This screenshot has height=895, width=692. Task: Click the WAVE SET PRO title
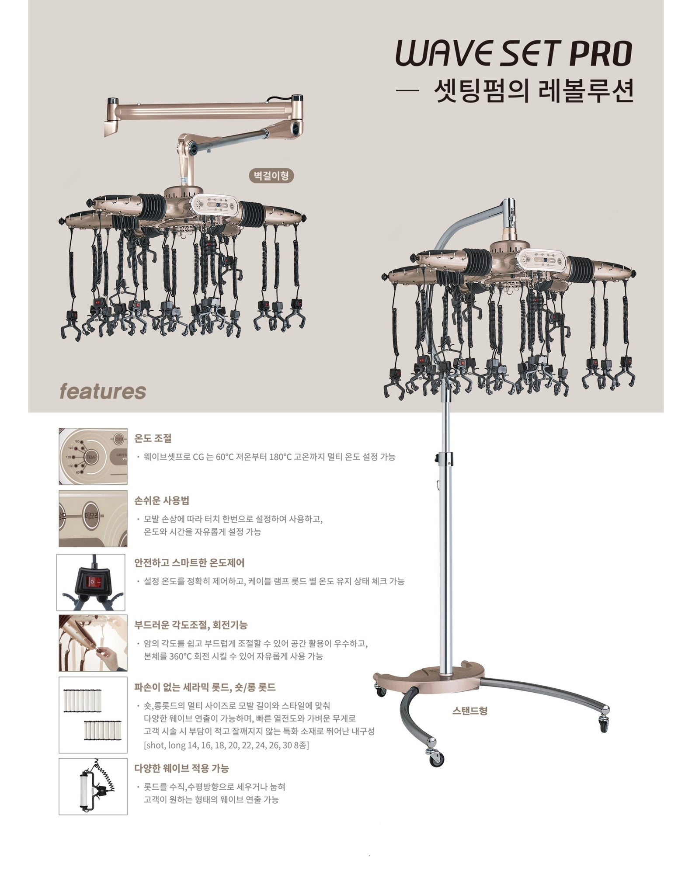514,53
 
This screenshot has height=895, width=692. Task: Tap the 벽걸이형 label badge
271,176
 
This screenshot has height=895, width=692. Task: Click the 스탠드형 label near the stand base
469,711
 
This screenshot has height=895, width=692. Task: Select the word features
103,391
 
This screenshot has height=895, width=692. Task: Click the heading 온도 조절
153,438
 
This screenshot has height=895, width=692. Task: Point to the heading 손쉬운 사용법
162,500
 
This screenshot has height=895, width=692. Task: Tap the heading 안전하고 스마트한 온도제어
189,562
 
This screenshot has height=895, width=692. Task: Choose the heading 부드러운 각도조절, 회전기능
191,625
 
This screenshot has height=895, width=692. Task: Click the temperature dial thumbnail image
93,456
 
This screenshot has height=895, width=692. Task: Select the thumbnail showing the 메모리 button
93,519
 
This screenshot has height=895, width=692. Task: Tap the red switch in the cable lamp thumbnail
93,582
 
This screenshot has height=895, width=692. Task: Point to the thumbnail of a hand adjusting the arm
93,643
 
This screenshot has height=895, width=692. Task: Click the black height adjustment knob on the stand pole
436,458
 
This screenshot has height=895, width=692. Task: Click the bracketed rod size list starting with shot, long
226,745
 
